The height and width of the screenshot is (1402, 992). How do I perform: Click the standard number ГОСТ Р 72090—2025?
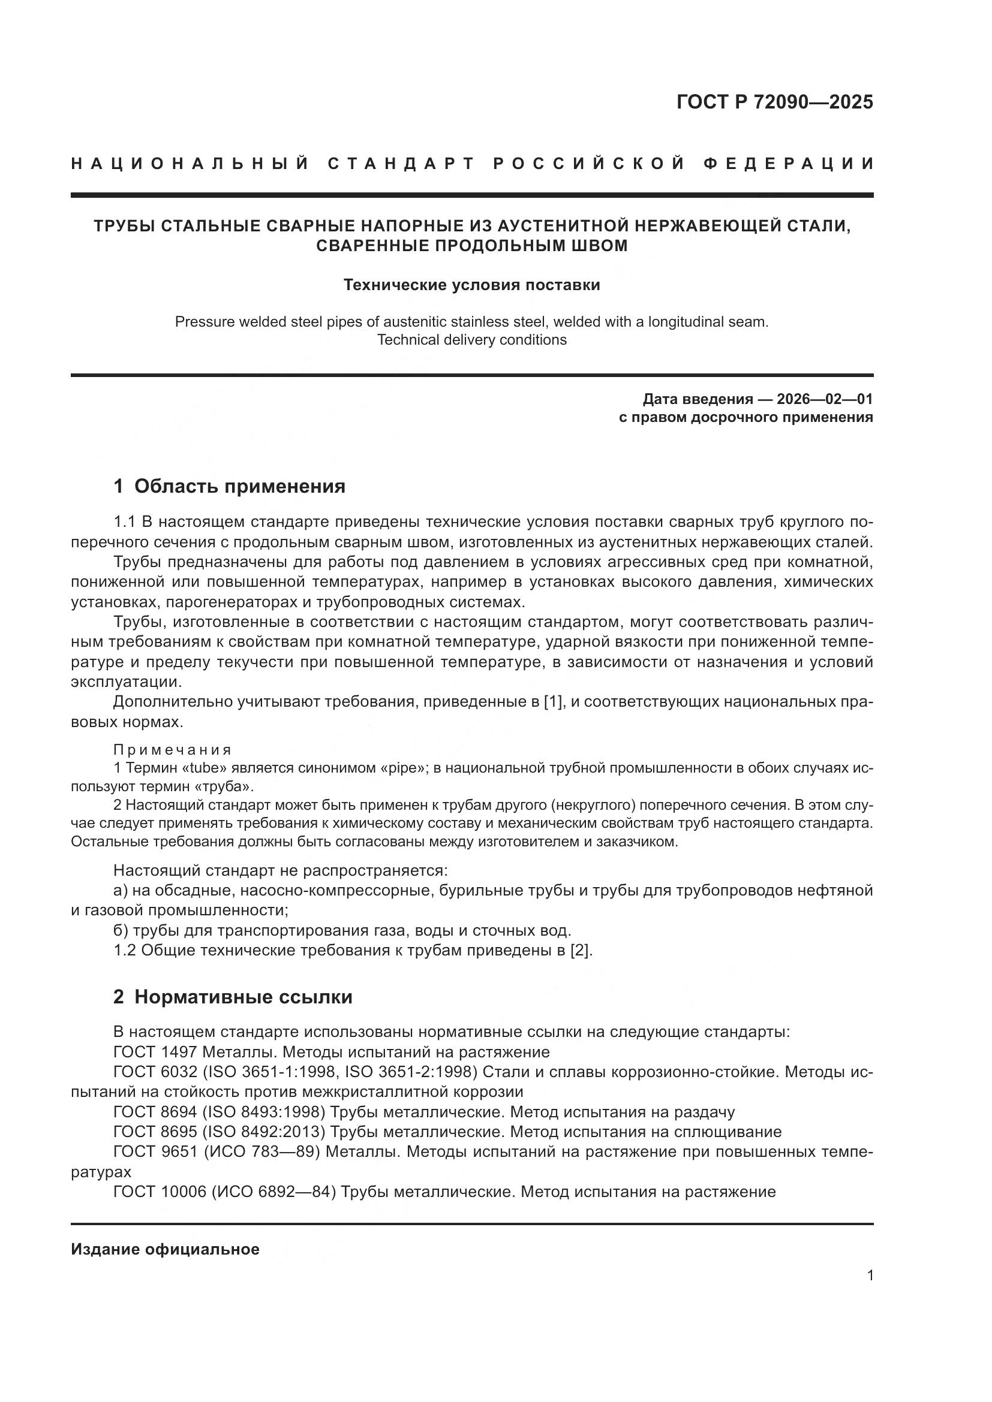(774, 102)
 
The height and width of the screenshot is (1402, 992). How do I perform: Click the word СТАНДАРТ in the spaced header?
(401, 164)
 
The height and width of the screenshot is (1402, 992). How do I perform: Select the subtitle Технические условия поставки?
(471, 285)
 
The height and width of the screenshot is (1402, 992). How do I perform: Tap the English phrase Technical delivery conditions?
(471, 340)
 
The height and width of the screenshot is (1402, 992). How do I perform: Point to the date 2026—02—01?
(824, 399)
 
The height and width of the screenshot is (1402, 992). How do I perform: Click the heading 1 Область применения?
(229, 486)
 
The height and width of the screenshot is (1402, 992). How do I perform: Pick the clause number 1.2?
(125, 951)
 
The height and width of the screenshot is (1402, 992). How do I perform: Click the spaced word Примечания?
(172, 750)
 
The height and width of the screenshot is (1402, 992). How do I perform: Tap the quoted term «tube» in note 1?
(193, 768)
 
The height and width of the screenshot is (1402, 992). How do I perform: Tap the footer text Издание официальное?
(165, 1249)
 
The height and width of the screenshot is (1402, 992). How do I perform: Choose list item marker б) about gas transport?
(121, 931)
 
